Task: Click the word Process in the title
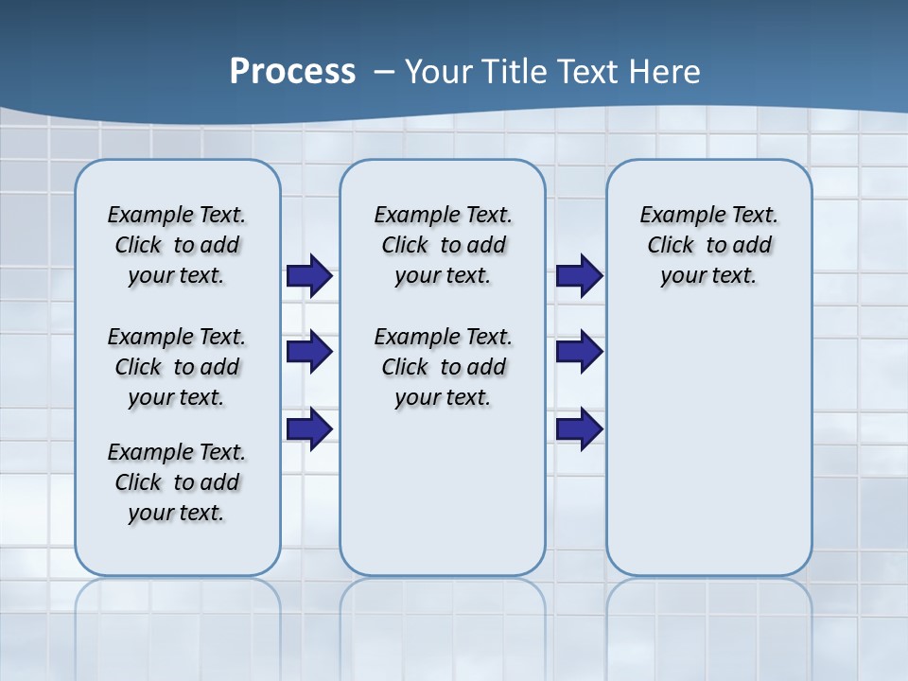point(292,71)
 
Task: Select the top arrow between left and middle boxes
point(308,276)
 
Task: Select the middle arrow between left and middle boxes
point(308,352)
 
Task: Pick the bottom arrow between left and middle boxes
point(308,429)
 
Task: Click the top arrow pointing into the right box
point(579,276)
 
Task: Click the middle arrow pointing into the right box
point(579,352)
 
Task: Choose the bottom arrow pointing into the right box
point(579,429)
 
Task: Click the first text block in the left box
point(177,245)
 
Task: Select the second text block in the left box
point(177,367)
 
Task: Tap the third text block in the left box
point(177,482)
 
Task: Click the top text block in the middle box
point(443,245)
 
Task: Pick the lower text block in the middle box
point(443,367)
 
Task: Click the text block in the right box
point(708,245)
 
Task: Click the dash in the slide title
point(384,72)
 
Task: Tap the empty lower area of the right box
point(708,454)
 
